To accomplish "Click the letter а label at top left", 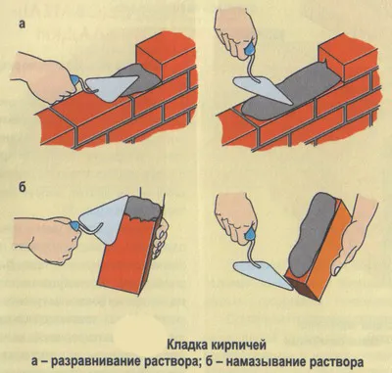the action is point(22,25).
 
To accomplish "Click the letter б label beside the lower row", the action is point(22,189).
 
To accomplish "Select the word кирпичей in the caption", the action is point(237,346).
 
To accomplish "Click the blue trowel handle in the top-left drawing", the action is point(74,79).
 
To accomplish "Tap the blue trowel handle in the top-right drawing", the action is point(250,49).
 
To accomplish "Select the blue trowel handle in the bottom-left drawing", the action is point(73,225).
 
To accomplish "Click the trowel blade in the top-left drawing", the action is point(113,87).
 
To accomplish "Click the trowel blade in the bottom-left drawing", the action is point(101,218).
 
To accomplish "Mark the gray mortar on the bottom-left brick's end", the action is point(144,209).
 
